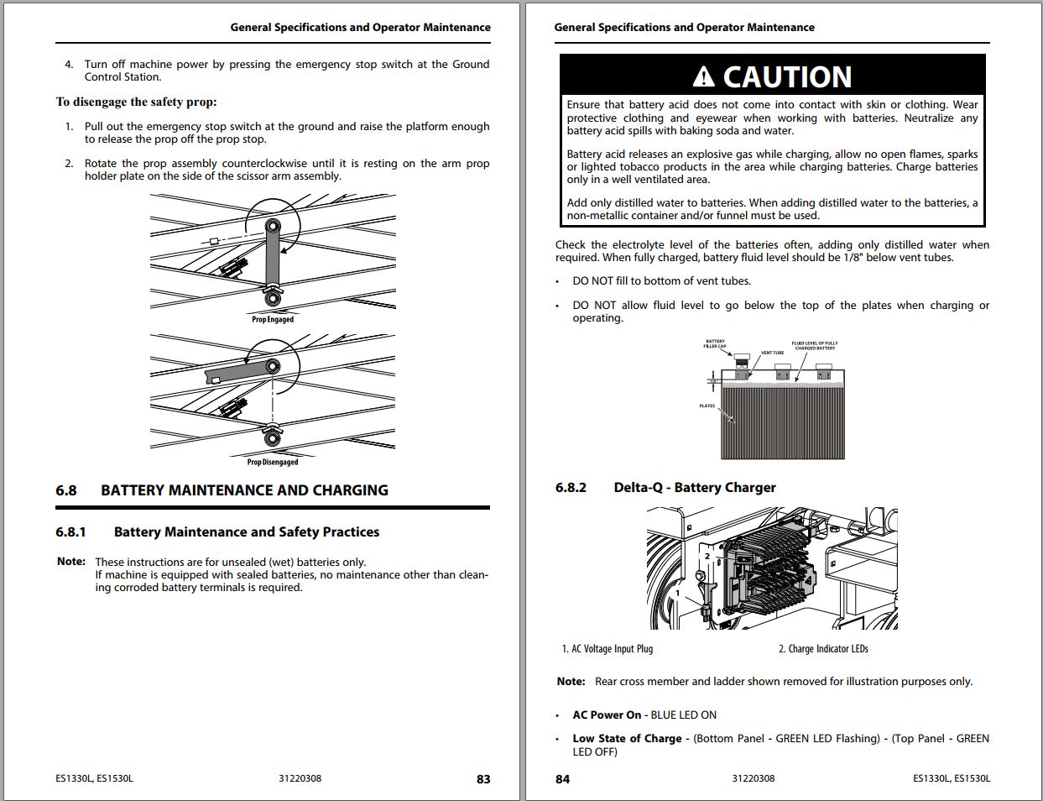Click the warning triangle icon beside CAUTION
(704, 77)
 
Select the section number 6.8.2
(571, 488)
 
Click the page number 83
(483, 779)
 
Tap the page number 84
(562, 779)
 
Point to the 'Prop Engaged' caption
(273, 319)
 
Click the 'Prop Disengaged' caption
(273, 462)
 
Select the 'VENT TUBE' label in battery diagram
(772, 353)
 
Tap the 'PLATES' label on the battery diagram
(707, 406)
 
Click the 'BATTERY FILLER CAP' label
(715, 344)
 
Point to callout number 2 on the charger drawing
(707, 556)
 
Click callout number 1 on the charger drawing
(678, 593)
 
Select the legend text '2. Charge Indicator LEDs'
(823, 649)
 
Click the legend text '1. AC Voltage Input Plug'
(608, 649)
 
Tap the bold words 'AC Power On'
(607, 715)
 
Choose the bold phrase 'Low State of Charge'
(627, 739)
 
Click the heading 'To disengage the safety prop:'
(137, 102)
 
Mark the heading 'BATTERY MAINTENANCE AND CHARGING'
(244, 490)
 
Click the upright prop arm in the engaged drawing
(273, 260)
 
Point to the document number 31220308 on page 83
(300, 779)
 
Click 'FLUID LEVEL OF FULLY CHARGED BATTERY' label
(814, 346)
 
